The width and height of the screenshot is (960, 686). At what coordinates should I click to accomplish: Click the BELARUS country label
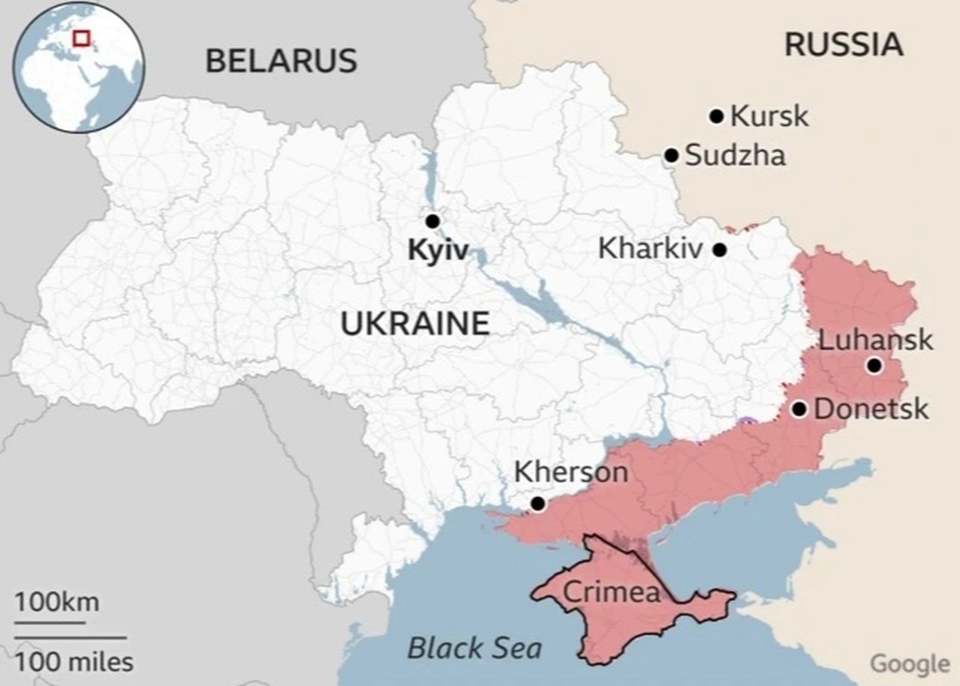(280, 61)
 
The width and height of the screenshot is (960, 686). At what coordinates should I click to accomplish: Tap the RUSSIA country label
(843, 44)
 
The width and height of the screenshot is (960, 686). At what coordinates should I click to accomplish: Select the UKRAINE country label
(415, 324)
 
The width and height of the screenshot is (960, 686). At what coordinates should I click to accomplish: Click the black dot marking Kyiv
(432, 221)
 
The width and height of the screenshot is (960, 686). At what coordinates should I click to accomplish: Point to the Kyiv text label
(438, 252)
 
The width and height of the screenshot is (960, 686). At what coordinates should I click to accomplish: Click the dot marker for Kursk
(716, 117)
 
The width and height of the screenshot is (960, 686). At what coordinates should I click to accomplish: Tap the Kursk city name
(769, 117)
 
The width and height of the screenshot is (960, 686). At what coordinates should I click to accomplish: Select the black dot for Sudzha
(671, 155)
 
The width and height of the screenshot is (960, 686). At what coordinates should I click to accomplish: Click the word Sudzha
(735, 155)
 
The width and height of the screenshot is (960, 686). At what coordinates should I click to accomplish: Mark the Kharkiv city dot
(719, 250)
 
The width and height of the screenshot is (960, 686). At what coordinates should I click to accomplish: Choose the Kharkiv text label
(650, 249)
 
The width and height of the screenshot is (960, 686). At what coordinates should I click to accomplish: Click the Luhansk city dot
(874, 366)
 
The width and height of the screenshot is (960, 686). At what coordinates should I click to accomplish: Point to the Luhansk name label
(875, 340)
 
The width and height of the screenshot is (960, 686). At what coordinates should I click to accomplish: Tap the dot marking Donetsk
(799, 409)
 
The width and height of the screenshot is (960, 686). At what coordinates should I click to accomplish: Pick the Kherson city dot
(537, 504)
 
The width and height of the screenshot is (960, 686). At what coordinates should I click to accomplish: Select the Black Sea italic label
(474, 647)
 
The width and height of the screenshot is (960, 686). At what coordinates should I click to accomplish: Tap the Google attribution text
(908, 663)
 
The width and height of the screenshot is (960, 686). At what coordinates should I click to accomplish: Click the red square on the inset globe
(82, 38)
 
